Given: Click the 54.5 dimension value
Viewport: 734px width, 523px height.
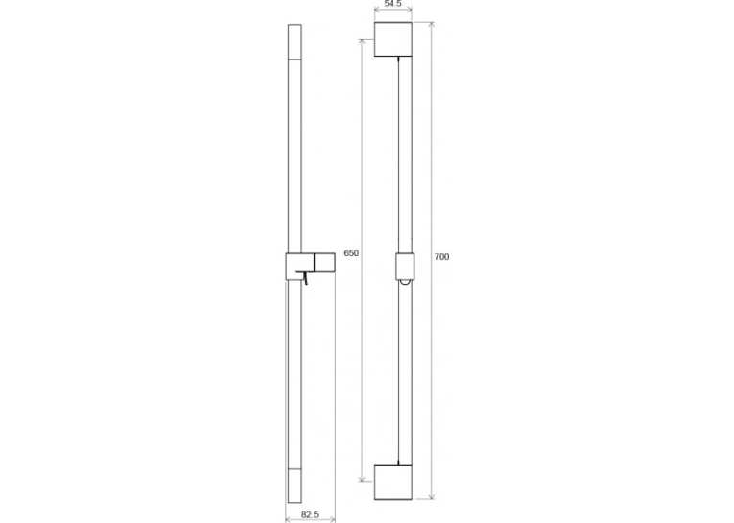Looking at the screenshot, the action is [x=393, y=4].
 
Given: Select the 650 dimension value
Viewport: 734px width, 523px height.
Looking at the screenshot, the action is [x=351, y=253].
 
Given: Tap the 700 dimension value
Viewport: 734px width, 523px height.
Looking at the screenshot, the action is [x=442, y=257].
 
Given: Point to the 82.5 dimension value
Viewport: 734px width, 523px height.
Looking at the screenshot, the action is [x=310, y=514].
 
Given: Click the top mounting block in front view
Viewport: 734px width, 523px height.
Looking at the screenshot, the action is [x=393, y=39].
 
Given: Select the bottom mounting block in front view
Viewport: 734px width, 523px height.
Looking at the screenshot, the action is [x=393, y=483].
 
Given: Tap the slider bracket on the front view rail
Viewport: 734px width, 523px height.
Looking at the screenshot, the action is [x=405, y=266].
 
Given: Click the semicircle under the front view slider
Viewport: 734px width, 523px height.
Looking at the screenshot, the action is [x=406, y=282].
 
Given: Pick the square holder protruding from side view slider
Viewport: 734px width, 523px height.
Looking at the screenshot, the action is [x=324, y=262].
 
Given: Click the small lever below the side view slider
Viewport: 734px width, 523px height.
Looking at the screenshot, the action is [x=304, y=277].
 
